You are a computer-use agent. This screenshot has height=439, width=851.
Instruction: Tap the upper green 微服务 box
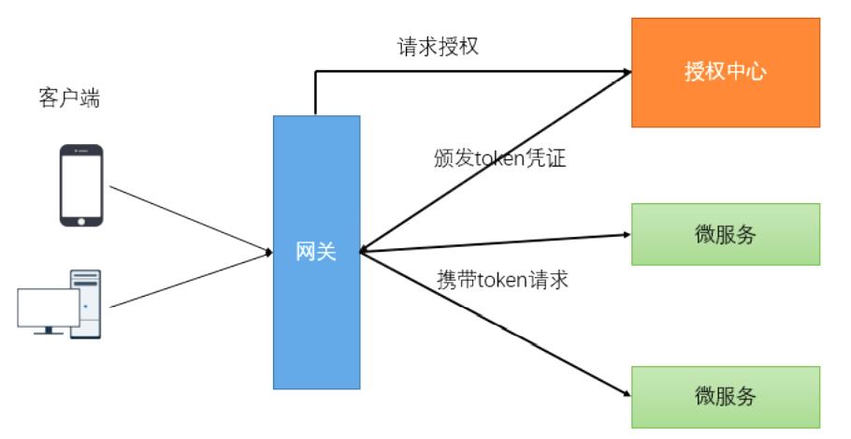(726, 234)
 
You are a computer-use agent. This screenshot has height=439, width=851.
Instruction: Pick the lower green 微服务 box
(726, 396)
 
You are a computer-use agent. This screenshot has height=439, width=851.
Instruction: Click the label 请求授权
(439, 47)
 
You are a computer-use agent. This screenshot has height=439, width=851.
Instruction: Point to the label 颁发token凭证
(500, 158)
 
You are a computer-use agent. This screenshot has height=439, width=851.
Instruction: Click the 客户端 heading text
(70, 98)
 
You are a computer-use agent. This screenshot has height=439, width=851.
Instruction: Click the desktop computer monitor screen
(48, 307)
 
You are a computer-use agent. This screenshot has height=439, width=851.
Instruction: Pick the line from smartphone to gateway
(187, 218)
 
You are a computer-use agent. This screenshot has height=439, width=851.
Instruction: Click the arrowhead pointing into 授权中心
(626, 70)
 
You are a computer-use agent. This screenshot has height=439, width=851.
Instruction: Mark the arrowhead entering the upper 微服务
(626, 235)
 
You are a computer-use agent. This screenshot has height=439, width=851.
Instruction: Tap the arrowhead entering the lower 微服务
(625, 393)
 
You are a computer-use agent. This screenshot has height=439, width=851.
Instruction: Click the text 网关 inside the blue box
(316, 251)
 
